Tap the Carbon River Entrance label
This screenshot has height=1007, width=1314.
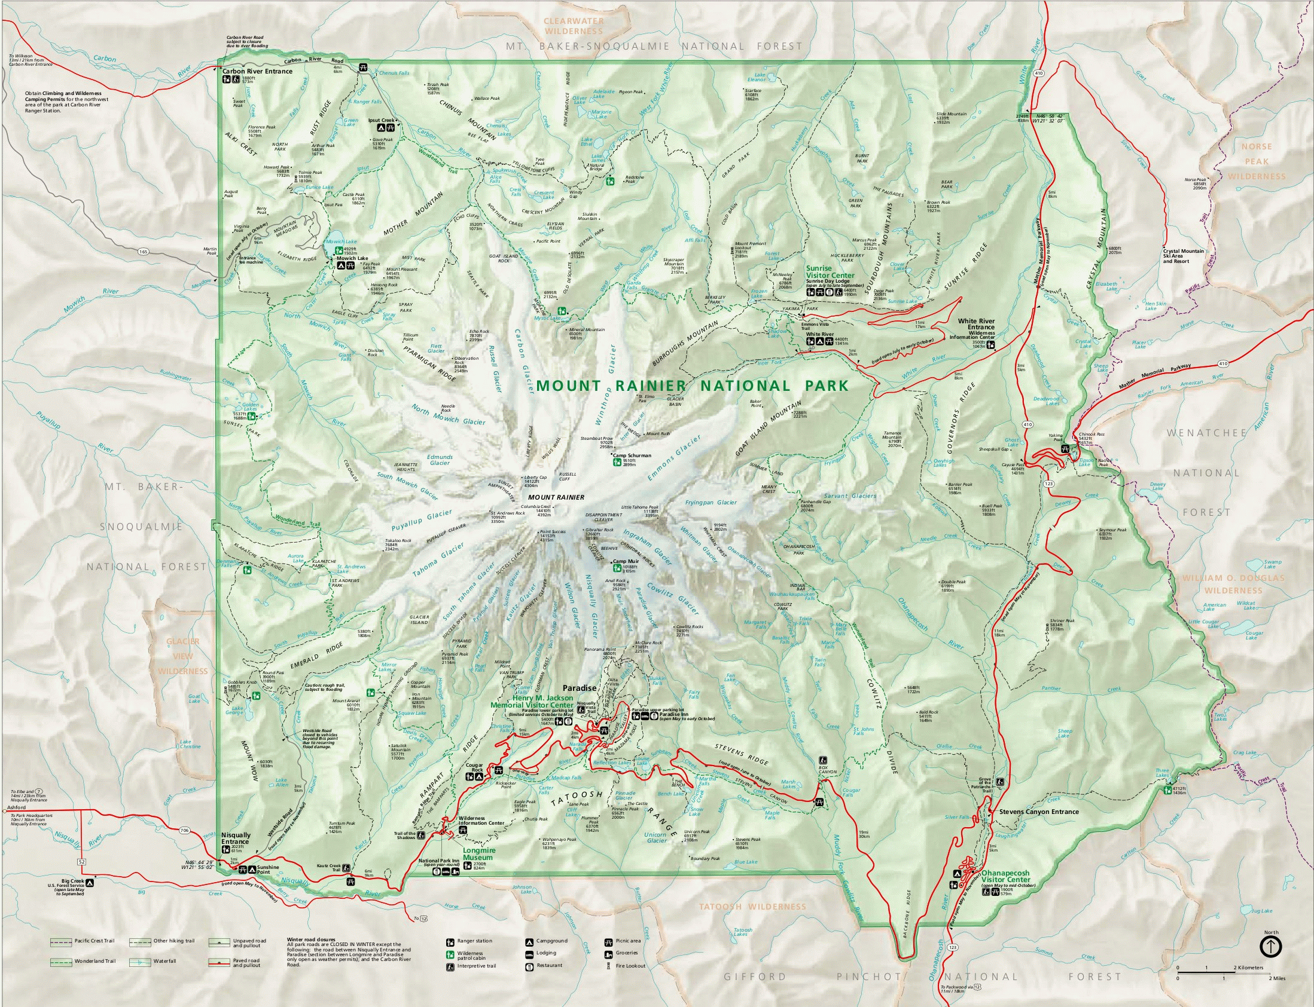pyautogui.click(x=257, y=71)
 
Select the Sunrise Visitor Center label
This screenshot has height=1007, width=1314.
pyautogui.click(x=830, y=272)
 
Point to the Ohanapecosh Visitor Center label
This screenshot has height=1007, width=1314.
pyautogui.click(x=1006, y=877)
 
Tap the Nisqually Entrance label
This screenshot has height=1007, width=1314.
pyautogui.click(x=236, y=838)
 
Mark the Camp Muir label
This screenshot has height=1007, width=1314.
pyautogui.click(x=625, y=562)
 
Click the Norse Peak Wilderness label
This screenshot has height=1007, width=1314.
pyautogui.click(x=1256, y=161)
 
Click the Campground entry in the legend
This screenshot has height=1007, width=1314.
pyautogui.click(x=551, y=941)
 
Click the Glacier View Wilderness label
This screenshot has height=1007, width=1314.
pyautogui.click(x=183, y=656)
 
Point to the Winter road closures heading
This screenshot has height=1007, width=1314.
pyautogui.click(x=310, y=939)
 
